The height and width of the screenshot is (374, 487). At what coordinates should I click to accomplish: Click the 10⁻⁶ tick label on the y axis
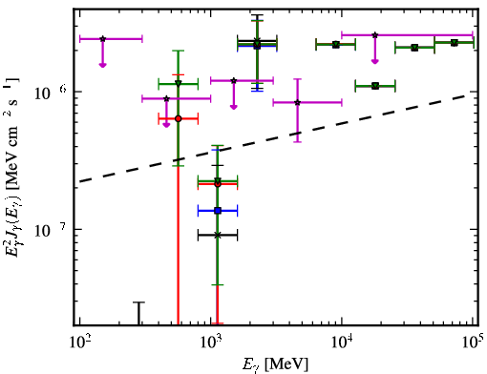[x=51, y=93]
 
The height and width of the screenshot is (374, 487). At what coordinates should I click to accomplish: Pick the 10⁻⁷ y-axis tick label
[x=51, y=230]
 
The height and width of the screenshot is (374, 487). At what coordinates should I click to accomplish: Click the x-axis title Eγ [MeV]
[x=275, y=364]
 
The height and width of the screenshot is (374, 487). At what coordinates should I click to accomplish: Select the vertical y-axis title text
[x=12, y=167]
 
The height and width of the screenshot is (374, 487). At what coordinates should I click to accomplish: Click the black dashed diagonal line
[x=276, y=137]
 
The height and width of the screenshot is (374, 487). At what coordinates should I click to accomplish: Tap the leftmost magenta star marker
[x=102, y=39]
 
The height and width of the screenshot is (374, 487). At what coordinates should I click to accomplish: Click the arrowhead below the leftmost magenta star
[x=102, y=65]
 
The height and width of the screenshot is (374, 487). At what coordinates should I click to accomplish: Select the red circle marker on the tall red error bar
[x=179, y=118]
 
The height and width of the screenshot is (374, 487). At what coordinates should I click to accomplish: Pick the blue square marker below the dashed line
[x=218, y=211]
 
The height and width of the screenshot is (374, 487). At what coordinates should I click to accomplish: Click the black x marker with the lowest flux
[x=218, y=236]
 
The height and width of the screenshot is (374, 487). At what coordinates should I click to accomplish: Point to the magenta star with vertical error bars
[x=297, y=102]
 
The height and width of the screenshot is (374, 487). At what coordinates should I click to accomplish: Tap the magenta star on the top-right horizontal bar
[x=375, y=35]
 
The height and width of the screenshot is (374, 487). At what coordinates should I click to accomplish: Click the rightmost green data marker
[x=455, y=43]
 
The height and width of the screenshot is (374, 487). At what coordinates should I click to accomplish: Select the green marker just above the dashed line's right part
[x=375, y=86]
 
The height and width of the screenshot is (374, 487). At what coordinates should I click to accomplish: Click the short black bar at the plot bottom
[x=138, y=313]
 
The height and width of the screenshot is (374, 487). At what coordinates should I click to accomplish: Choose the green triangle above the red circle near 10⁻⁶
[x=179, y=84]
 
